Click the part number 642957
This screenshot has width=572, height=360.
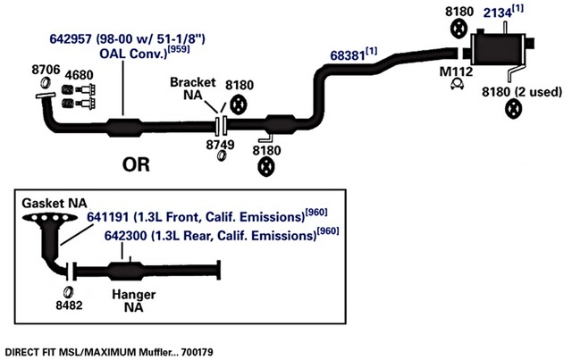coord(71,38)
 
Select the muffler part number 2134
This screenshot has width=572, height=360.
coord(498,13)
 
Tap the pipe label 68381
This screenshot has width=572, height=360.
coord(348,55)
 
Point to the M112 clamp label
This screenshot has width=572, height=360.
coord(456,71)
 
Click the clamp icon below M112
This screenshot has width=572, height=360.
coord(457,84)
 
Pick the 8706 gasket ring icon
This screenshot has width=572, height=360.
coord(46,83)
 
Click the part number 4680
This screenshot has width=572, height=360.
coord(80,75)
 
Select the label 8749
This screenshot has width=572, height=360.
coord(220,145)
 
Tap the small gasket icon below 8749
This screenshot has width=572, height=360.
coord(222,155)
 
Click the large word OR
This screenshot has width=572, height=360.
coord(136,164)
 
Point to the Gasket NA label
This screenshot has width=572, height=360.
coord(55,203)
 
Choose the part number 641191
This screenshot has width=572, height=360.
coord(107,217)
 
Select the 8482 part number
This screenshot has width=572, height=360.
coord(69,305)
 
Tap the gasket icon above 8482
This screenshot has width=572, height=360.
coord(68,292)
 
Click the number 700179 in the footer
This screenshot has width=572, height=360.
coord(197,352)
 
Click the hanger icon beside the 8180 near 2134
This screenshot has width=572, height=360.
coord(458,29)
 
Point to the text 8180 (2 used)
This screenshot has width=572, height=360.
coord(522,92)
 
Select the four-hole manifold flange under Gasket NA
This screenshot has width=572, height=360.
coord(50,218)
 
